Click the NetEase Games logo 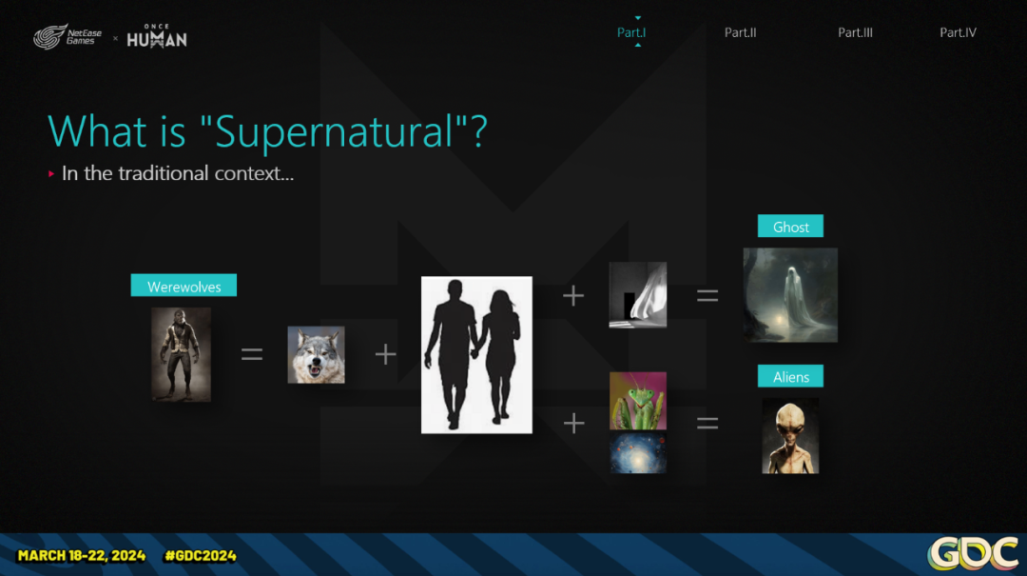pos(68,37)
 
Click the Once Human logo pos(157,36)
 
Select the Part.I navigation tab pos(631,32)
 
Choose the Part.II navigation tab pos(740,32)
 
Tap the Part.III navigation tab pos(855,32)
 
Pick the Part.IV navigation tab pos(958,32)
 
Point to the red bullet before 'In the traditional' pos(51,174)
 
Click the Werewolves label pos(184,286)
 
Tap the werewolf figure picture pos(182,354)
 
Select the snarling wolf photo pos(316,355)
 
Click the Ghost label pos(790,227)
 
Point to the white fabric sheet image pos(638,294)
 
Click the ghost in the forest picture pos(790,295)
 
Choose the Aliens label pos(790,377)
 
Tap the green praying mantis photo pos(638,401)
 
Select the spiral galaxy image pos(638,452)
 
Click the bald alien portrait pos(790,436)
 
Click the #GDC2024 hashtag pos(201,556)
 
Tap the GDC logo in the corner pos(974,554)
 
